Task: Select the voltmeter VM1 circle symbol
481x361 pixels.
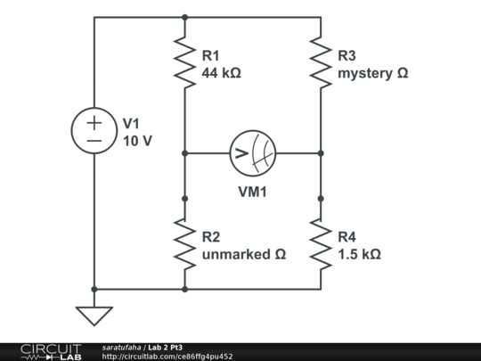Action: [x=252, y=153]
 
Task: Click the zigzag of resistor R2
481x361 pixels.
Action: [x=184, y=244]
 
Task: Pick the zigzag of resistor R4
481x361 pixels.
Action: [x=320, y=244]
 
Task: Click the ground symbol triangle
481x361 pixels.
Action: [x=94, y=315]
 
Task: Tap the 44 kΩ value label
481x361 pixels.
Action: [x=222, y=72]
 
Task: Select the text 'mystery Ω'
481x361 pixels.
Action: [x=372, y=72]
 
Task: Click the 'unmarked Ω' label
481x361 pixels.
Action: [x=243, y=254]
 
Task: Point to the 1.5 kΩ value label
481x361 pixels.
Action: [x=359, y=254]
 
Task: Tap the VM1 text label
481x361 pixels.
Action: [x=253, y=191]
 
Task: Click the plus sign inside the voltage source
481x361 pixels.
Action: [x=94, y=122]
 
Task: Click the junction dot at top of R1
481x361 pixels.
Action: [x=184, y=16]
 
